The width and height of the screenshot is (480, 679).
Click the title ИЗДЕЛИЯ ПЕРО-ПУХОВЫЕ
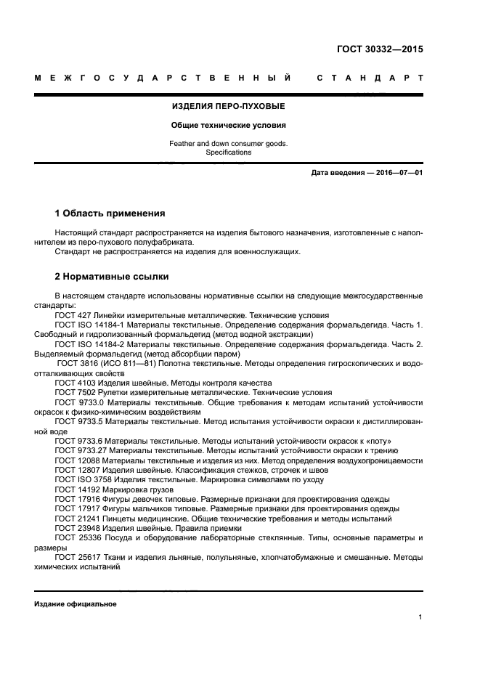pyautogui.click(x=228, y=107)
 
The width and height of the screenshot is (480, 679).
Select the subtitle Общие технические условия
pyautogui.click(x=228, y=125)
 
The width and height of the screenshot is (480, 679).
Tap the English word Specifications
pyautogui.click(x=228, y=153)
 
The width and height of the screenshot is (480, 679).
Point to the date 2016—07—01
pyautogui.click(x=396, y=173)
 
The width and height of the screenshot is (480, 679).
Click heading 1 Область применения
pyautogui.click(x=110, y=214)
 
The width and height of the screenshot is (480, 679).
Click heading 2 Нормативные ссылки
pyautogui.click(x=112, y=277)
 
